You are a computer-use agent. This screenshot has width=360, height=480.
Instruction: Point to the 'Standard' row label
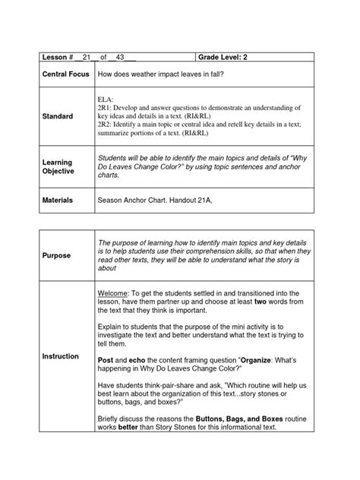coord(58,116)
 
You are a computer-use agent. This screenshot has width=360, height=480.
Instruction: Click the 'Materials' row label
coord(58,202)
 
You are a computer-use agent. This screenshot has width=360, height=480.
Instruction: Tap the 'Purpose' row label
coord(56,256)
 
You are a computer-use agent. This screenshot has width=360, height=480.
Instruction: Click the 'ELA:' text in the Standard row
coord(106,100)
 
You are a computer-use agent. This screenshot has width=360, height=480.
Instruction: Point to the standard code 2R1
coord(105,109)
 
